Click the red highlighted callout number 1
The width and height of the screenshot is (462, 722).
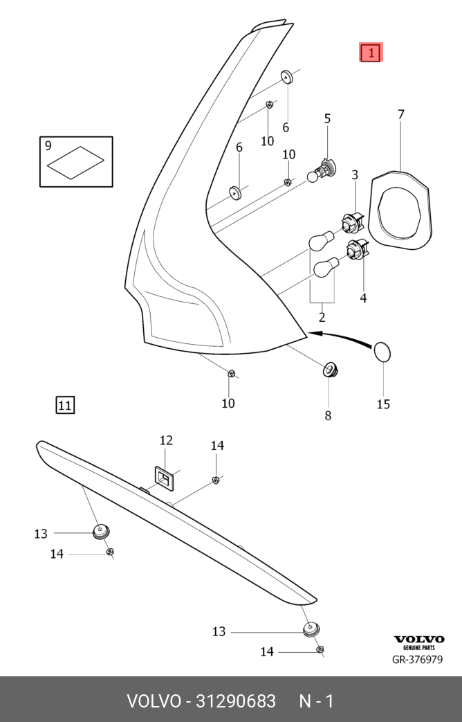point(371,53)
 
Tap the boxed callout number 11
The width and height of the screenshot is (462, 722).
point(65,405)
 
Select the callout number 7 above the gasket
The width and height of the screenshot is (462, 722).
point(401,115)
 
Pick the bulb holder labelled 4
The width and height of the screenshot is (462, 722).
point(358,249)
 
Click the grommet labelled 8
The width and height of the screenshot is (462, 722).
point(329,368)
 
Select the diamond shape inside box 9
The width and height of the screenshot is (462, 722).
point(75,163)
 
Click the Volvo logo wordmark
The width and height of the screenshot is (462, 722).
point(419,639)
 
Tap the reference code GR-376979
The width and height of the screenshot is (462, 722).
point(417,660)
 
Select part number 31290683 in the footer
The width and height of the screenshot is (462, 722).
point(236,701)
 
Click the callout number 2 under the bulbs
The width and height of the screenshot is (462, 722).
point(322,317)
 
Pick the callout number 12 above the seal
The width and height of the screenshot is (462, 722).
point(166,440)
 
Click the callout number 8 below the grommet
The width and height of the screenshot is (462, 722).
point(328,416)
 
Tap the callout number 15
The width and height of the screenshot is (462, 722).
point(383,404)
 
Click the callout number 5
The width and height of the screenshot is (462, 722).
point(327,119)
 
